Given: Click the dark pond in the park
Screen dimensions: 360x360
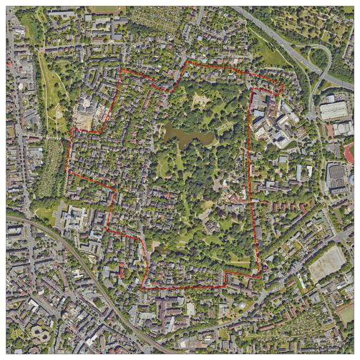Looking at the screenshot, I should [188, 134].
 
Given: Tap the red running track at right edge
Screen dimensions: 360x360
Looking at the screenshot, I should [349, 152].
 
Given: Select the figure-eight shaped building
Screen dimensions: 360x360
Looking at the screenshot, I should [42, 334].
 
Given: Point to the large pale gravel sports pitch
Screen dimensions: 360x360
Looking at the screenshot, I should [327, 263].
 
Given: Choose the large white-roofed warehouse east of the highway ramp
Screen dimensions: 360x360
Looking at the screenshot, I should [334, 110].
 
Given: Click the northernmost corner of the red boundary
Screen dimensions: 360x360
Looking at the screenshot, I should [188, 62].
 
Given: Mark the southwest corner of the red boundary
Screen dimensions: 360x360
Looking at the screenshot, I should [142, 288].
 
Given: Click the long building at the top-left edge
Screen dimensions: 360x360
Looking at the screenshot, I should [62, 13].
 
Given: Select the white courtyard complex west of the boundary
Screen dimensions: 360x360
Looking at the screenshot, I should [75, 216].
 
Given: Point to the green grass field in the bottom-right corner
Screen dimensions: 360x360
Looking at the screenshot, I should [346, 313].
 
